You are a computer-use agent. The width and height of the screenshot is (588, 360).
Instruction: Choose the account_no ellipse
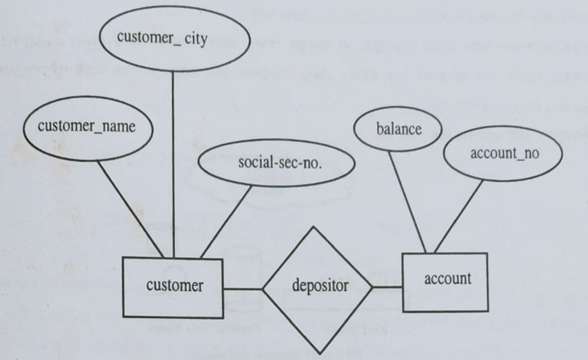(x=502, y=154)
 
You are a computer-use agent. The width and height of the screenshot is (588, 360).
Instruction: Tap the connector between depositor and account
(x=387, y=287)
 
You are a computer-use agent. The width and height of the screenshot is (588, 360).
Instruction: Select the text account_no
(x=502, y=154)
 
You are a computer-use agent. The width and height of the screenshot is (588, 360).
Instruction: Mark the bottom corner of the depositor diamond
(x=318, y=350)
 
